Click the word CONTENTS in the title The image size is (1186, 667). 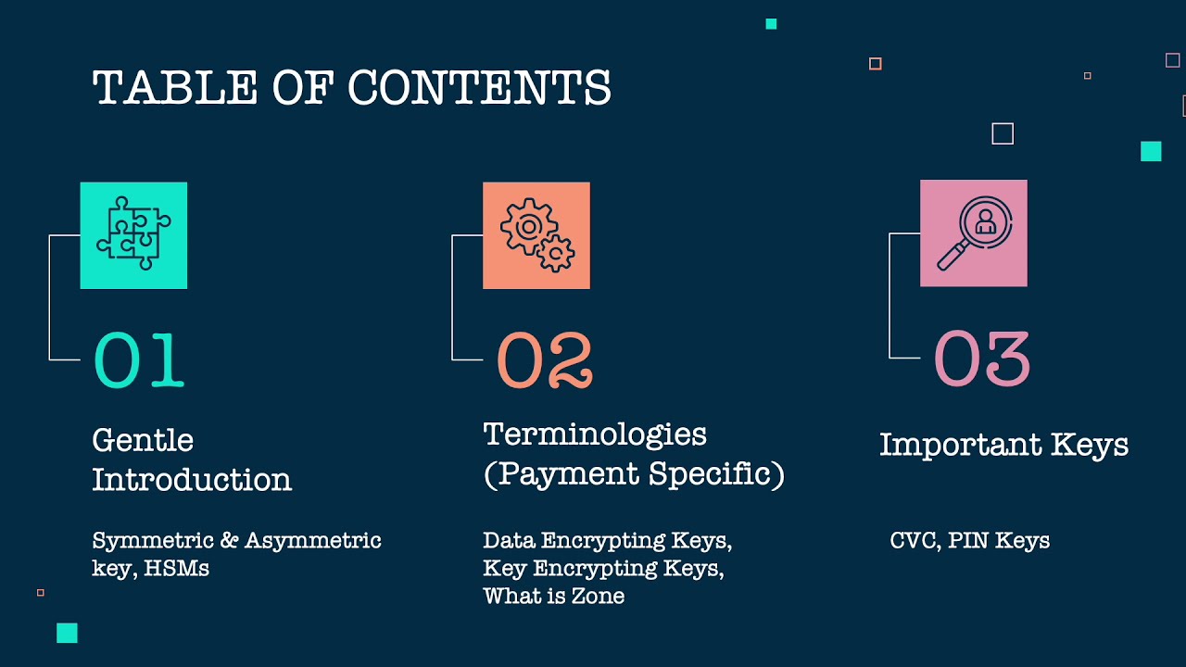click(x=479, y=89)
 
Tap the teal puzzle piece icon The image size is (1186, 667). click(x=133, y=235)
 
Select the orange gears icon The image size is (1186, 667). click(x=536, y=235)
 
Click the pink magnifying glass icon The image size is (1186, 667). click(x=973, y=233)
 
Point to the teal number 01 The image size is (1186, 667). click(x=139, y=360)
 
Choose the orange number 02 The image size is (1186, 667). click(x=545, y=360)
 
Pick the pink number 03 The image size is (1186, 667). click(x=981, y=359)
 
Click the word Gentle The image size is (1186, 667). click(x=143, y=441)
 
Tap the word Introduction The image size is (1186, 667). click(x=192, y=480)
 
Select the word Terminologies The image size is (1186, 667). click(x=595, y=434)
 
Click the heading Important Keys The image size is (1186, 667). click(x=1003, y=445)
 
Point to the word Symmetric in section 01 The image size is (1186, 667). click(x=144, y=541)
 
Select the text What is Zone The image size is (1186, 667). click(x=553, y=596)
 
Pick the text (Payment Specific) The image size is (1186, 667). click(x=634, y=474)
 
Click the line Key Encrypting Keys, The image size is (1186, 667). click(x=603, y=568)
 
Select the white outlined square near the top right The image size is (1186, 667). click(x=1003, y=133)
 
